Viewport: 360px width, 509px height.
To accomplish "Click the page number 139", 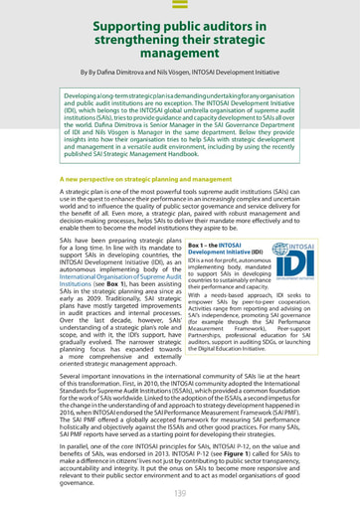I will click(180, 493).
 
